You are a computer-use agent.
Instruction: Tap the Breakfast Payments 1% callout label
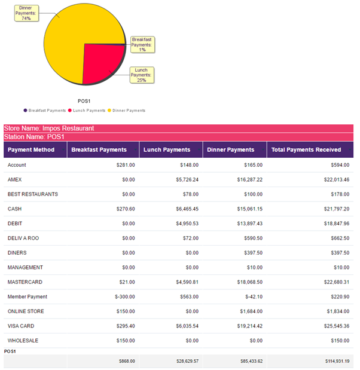pos(142,44)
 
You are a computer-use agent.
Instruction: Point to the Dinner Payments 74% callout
pos(26,13)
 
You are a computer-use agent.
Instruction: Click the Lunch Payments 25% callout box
pos(142,75)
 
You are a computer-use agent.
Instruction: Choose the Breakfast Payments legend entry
pos(45,111)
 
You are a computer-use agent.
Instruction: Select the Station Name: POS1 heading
pos(34,137)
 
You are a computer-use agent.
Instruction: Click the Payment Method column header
pos(31,149)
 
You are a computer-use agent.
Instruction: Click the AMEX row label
pos(14,179)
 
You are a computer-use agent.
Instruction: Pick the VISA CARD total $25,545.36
pos(335,326)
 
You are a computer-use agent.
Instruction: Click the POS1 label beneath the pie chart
pos(84,101)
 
